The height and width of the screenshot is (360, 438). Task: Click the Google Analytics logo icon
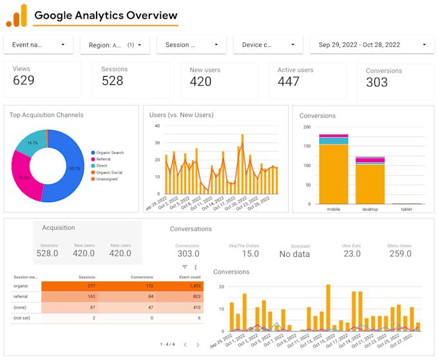coord(16,15)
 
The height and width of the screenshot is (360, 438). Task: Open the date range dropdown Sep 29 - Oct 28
coord(371,45)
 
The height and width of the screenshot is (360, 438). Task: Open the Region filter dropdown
coord(115,45)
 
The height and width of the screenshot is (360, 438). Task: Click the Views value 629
coord(24,81)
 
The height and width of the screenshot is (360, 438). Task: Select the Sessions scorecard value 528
coord(113,81)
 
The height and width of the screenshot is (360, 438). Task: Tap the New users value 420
coord(200,81)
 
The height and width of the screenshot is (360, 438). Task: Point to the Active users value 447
coord(289,81)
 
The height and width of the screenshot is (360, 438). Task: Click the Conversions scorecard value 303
coord(377,82)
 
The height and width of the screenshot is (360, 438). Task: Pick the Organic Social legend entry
coord(110,173)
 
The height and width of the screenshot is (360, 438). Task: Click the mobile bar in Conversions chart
coord(334,174)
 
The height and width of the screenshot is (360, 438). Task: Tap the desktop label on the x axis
coord(370,209)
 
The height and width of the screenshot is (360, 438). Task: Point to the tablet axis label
coord(406,209)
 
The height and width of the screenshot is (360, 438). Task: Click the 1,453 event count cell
coord(193,285)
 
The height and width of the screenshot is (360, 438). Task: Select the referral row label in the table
coord(20,296)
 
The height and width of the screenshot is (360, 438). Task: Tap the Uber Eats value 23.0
coord(352,254)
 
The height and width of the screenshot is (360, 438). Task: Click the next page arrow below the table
coord(197,345)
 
